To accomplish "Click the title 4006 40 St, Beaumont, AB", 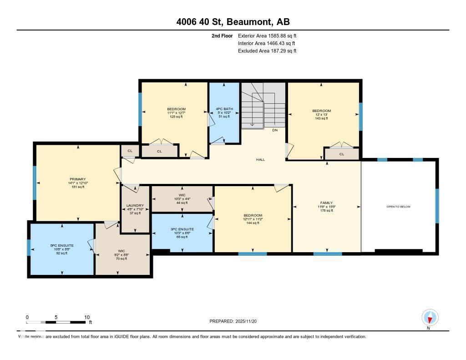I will click(x=233, y=22).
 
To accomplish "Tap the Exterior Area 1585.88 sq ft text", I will click(x=267, y=35).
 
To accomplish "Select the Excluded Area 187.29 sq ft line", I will click(x=267, y=51).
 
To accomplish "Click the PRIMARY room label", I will click(x=78, y=179).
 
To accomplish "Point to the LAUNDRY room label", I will click(x=135, y=205).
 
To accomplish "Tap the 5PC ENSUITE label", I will click(x=62, y=246).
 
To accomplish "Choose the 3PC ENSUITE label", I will click(x=182, y=229).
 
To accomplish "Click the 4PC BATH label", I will click(x=224, y=109).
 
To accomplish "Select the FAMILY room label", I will click(x=326, y=203).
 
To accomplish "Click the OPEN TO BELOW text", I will click(x=398, y=207).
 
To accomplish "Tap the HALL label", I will click(x=260, y=160).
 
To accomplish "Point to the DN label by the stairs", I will click(x=274, y=130).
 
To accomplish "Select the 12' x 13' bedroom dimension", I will click(x=321, y=115).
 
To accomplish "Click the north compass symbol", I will click(x=430, y=317).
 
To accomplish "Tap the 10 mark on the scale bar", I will click(x=87, y=317).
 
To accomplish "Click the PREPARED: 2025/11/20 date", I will click(x=236, y=321).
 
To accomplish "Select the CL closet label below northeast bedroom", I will click(x=342, y=154).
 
